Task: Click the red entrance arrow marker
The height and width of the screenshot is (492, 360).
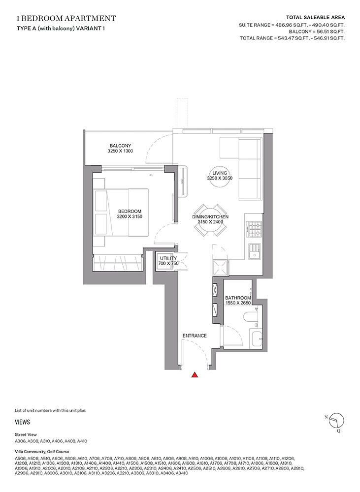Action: [195, 375]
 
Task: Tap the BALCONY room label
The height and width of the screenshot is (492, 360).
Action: [120, 145]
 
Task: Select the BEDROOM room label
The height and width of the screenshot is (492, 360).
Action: [130, 211]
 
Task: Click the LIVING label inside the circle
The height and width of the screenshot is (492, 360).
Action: [219, 173]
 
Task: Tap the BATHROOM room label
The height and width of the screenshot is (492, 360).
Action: [238, 298]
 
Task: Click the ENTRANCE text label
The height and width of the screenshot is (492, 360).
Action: [194, 336]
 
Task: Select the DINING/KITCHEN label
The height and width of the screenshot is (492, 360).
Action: [211, 216]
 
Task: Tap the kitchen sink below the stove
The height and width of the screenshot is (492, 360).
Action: [254, 252]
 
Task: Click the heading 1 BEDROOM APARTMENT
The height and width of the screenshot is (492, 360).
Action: [66, 19]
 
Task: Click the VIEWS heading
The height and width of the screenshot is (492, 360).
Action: [23, 422]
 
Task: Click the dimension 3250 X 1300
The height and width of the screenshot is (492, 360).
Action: [120, 151]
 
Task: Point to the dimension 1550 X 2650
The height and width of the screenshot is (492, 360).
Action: [238, 304]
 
